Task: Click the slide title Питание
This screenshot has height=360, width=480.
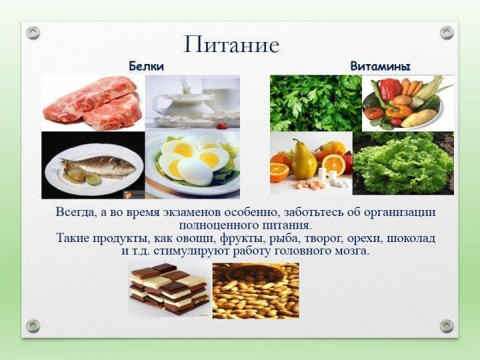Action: (x=231, y=45)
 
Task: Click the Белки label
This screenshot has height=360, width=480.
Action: (x=146, y=66)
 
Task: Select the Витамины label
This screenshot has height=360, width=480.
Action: (x=380, y=66)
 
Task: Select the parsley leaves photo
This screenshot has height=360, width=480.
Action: (x=315, y=103)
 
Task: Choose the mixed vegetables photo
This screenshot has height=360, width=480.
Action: (x=407, y=103)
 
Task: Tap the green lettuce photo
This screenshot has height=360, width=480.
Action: (x=403, y=163)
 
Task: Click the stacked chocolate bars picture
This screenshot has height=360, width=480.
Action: (x=169, y=289)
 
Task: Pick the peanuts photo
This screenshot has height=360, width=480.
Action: (x=255, y=290)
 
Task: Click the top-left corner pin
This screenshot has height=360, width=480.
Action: (x=33, y=33)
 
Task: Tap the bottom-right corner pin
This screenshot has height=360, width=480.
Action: (x=447, y=325)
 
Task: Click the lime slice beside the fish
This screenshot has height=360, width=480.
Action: (x=93, y=179)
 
